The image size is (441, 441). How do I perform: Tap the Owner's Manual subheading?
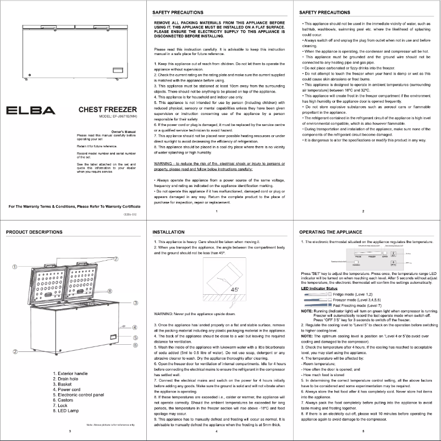[x=124, y=131]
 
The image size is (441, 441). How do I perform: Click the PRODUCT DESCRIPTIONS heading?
[x=36, y=233]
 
